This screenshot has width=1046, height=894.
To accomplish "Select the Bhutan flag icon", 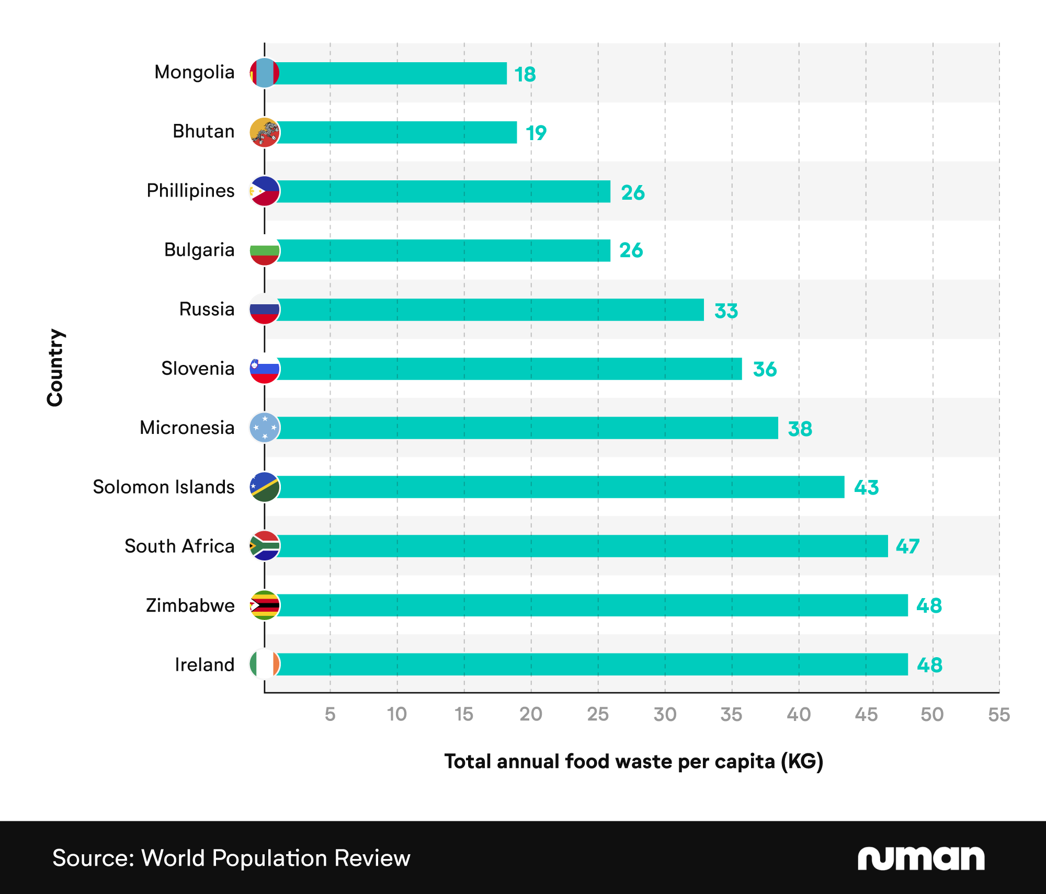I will tap(265, 132).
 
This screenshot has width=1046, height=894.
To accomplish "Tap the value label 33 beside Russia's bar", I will tap(726, 311).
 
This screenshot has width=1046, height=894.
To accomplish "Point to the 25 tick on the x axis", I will tap(598, 714).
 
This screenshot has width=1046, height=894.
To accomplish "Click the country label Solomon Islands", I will tap(164, 487).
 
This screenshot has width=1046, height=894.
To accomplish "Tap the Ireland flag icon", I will tap(265, 664).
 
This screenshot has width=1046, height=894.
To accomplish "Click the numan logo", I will tap(920, 858).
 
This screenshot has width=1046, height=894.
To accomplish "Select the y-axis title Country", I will tap(55, 368).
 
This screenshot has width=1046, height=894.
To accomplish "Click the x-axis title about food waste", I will tap(633, 761).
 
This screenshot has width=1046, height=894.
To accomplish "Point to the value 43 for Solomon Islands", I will tap(866, 488).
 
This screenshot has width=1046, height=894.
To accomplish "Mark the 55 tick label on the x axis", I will tap(998, 714).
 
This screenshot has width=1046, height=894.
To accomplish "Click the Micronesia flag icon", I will tap(265, 428).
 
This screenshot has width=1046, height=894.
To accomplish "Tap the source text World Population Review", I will tap(231, 858).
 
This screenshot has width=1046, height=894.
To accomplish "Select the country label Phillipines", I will tap(190, 191).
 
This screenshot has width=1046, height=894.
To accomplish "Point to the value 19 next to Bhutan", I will tap(536, 133).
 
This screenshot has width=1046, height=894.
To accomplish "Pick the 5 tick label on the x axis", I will tap(330, 714).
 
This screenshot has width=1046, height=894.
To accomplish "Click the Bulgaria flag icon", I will tap(265, 250).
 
